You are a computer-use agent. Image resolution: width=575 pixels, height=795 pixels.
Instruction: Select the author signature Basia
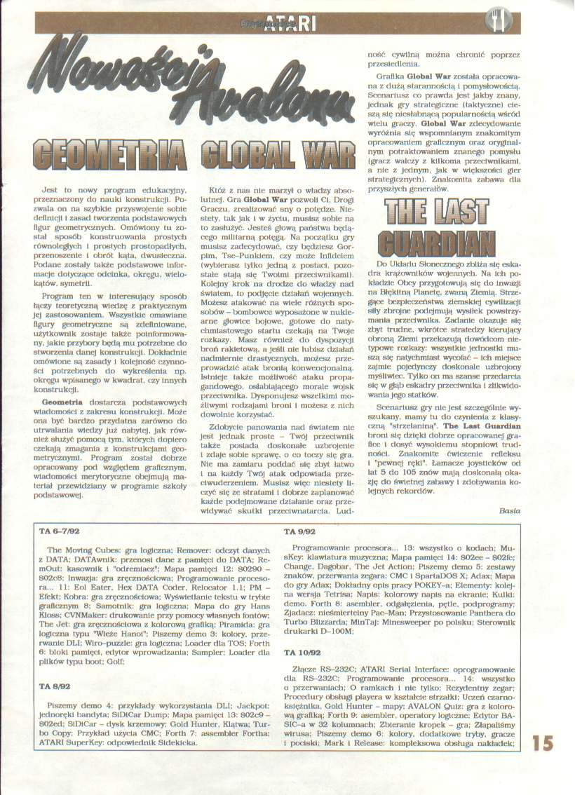coord(510,511)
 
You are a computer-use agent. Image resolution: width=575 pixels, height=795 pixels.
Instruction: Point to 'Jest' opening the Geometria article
coord(50,191)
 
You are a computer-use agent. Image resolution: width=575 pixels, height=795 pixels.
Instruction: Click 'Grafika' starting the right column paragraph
coord(392,75)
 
